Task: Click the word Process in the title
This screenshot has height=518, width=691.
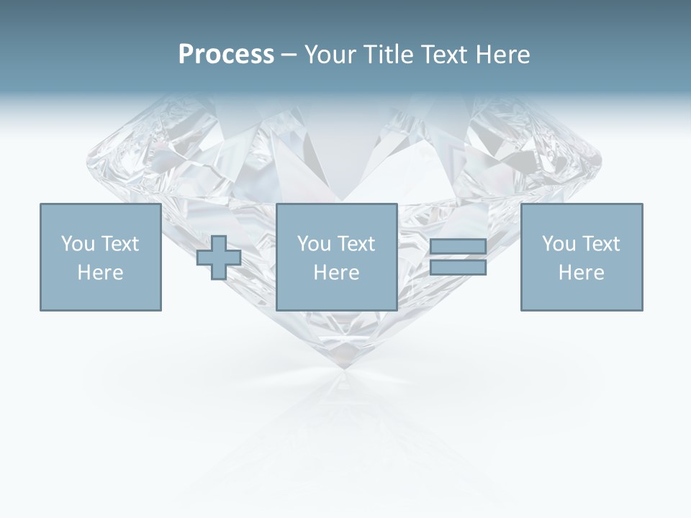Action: click(x=226, y=55)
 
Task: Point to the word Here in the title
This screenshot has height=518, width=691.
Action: click(x=502, y=55)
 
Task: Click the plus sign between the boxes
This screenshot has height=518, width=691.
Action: click(x=219, y=258)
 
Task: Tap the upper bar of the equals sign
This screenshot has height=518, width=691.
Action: click(x=458, y=247)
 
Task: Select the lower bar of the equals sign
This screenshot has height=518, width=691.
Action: click(x=458, y=267)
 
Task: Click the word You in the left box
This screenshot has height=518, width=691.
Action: click(x=77, y=244)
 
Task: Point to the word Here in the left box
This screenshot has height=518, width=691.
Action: click(x=100, y=273)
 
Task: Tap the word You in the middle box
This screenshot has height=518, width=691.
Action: click(x=314, y=244)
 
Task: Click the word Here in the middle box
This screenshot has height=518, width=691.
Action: click(x=336, y=273)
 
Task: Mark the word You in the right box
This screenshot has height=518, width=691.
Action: click(x=559, y=244)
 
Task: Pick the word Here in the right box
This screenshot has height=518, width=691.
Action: click(x=581, y=273)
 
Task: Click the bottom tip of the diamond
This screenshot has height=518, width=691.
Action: click(x=343, y=368)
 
